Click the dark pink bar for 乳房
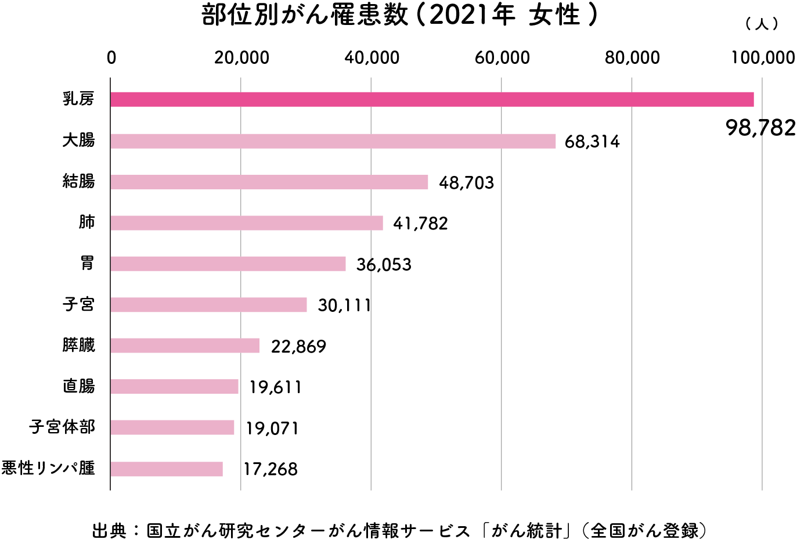(x=432, y=99)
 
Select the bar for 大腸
(x=333, y=141)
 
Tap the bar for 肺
(x=247, y=223)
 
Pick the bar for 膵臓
(x=185, y=346)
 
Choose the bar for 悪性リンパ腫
(x=167, y=469)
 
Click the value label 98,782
(x=760, y=128)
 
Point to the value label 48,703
(x=466, y=183)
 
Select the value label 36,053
(x=384, y=265)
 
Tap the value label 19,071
(x=272, y=429)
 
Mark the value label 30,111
(x=344, y=305)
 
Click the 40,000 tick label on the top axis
(x=372, y=57)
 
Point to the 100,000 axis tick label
(x=763, y=57)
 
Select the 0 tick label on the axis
(x=111, y=57)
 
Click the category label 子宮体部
(x=62, y=427)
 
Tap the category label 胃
(x=87, y=264)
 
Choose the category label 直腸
(x=78, y=386)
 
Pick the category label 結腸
(x=78, y=182)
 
